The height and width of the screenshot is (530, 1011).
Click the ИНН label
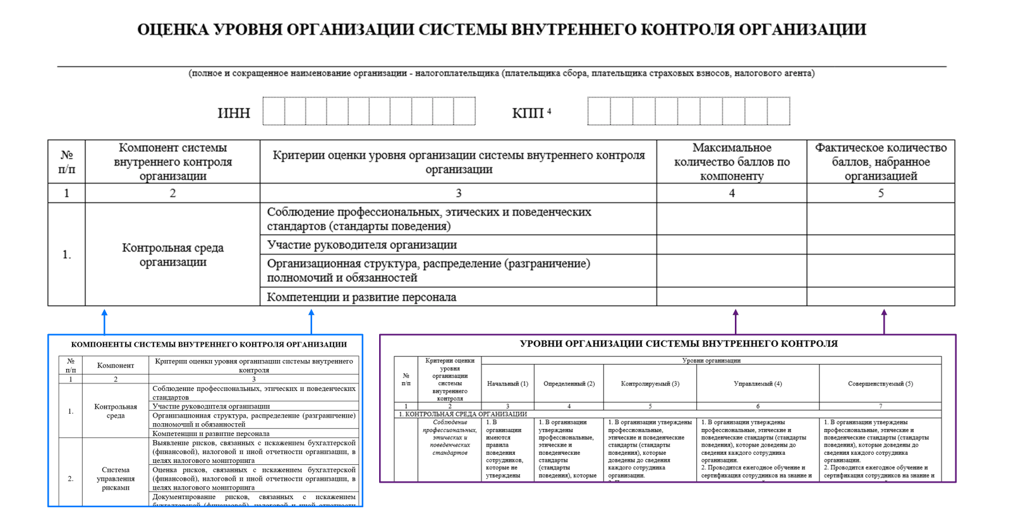tap(234, 113)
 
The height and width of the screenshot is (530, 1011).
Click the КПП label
tap(528, 113)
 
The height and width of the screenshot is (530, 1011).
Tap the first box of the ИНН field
tap(274, 111)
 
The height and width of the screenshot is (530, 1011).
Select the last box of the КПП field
tap(778, 111)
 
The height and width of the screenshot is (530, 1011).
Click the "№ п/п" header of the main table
tap(66, 162)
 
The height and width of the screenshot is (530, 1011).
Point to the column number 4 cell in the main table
tap(732, 193)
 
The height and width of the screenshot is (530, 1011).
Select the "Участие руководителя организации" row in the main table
tap(361, 245)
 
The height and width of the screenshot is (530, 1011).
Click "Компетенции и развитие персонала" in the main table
tap(361, 297)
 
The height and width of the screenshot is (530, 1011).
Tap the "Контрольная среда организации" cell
tap(173, 255)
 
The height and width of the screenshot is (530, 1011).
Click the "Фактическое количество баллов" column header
tap(881, 162)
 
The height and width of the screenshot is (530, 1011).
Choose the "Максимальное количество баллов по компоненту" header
tap(732, 162)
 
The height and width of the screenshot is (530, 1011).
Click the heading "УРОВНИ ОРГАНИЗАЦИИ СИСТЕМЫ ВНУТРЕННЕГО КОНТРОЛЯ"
tap(678, 344)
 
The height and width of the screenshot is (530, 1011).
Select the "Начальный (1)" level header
tap(507, 383)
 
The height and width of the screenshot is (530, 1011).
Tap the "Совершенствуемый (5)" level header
tap(880, 383)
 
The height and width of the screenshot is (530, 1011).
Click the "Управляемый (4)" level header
tap(758, 383)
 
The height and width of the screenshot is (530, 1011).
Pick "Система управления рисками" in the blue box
tap(116, 478)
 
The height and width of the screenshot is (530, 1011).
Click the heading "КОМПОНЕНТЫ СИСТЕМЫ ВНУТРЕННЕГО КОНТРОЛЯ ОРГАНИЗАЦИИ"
tap(209, 345)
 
